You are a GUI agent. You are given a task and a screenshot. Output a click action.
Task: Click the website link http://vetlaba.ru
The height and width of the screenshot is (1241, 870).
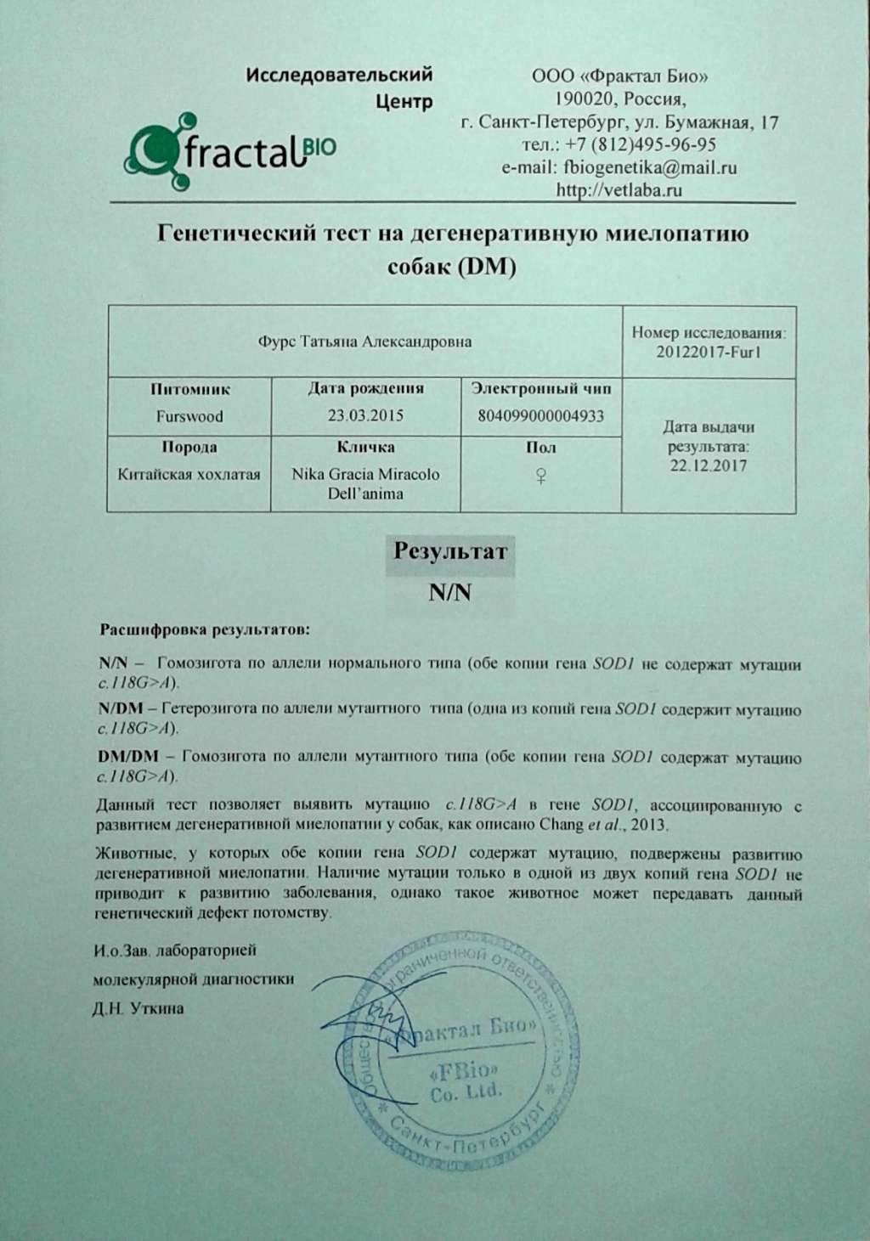point(619,190)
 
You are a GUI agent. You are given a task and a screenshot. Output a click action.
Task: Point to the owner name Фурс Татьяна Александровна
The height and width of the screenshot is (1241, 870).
point(364,341)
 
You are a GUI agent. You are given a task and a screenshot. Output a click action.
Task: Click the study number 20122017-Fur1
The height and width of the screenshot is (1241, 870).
point(709,352)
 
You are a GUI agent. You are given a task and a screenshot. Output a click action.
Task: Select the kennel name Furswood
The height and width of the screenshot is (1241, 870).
point(189,416)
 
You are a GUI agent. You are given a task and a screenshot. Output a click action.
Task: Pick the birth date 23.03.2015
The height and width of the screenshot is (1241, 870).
point(365,416)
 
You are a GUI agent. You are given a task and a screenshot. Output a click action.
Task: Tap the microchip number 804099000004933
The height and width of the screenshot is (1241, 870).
point(541,416)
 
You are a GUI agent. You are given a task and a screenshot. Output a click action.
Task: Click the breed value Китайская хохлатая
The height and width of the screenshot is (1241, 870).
point(189,474)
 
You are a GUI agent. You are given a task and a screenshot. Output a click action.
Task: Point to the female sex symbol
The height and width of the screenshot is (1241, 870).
point(540,477)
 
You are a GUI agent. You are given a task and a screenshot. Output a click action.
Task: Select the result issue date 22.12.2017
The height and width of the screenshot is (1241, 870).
point(709,465)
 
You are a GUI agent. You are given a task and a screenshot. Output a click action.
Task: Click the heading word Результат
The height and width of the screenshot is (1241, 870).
point(450,551)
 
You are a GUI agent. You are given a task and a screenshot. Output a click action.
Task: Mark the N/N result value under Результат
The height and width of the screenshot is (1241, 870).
point(450,592)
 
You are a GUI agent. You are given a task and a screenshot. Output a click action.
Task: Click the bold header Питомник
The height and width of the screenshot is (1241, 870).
point(190,390)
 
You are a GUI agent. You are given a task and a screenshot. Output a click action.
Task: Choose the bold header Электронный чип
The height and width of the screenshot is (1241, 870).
point(541,390)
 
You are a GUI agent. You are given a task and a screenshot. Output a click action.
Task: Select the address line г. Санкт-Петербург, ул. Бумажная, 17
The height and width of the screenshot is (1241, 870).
point(619,122)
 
